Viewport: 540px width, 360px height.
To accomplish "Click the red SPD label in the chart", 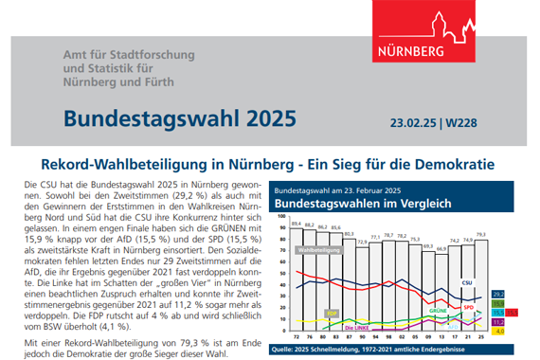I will pyautogui.click(x=468, y=307).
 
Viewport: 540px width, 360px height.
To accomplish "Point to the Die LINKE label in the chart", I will pyautogui.click(x=357, y=328).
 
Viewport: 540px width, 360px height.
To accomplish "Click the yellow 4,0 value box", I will pyautogui.click(x=499, y=332).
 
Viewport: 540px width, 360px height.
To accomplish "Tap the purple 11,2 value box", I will pyautogui.click(x=499, y=321).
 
